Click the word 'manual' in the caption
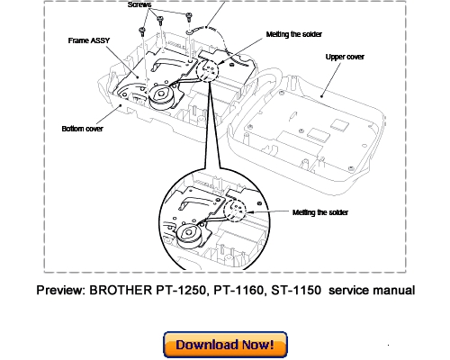coord(392,291)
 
